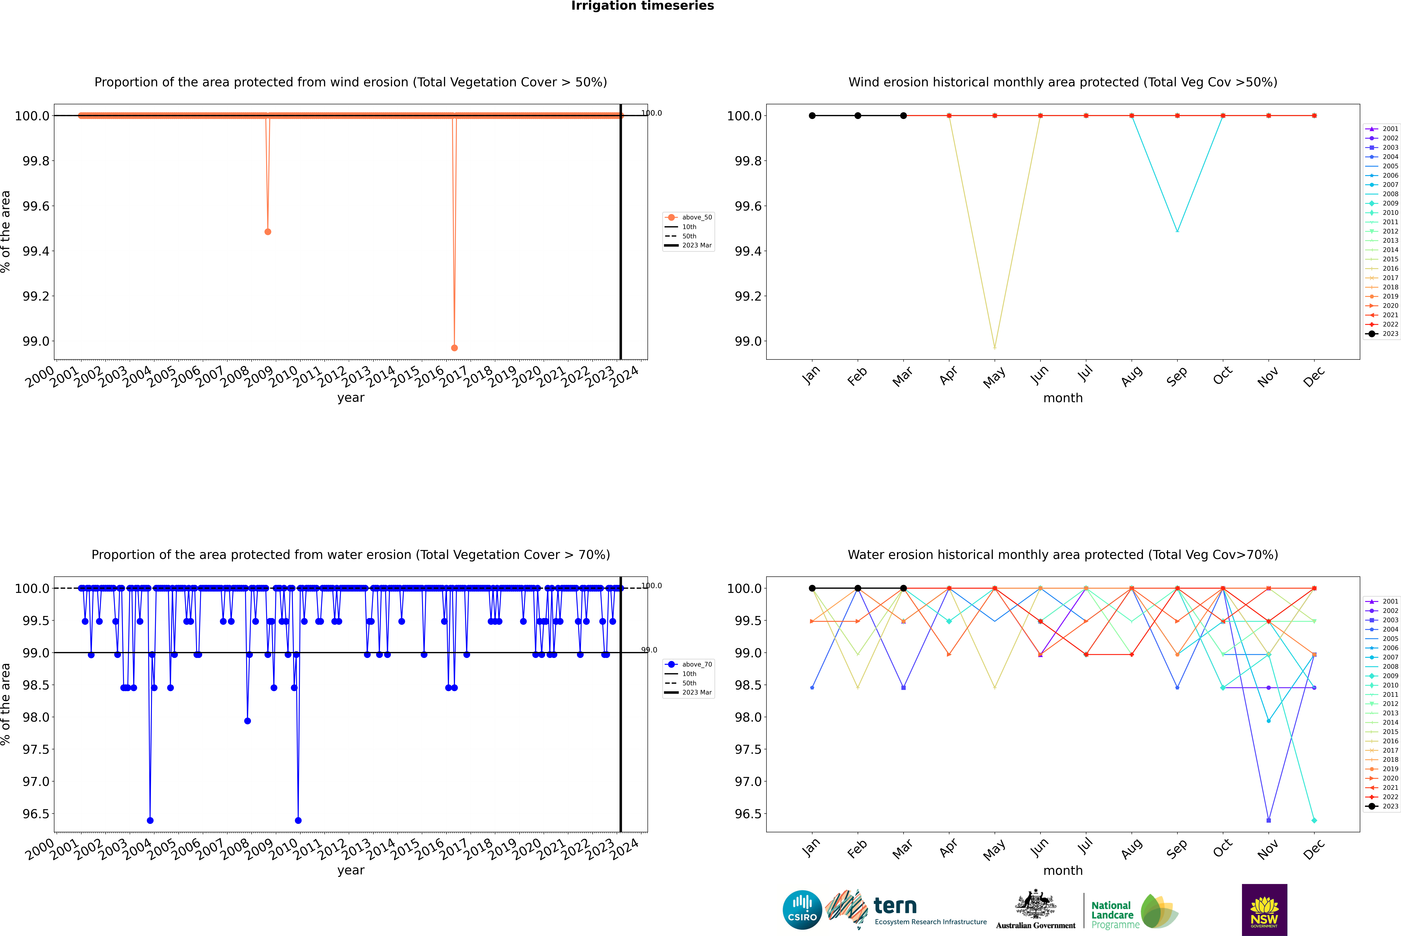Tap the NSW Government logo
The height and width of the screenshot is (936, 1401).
coord(1264,910)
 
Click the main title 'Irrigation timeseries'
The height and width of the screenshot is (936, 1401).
coord(643,6)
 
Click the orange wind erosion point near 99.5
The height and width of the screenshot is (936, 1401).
coord(268,232)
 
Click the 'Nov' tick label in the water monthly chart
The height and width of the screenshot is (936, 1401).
coord(1267,849)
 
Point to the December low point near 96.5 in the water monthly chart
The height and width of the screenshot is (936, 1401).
coord(1314,820)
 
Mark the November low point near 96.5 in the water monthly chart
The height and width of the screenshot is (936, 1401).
coord(1268,820)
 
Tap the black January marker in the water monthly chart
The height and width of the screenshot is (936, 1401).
coord(812,588)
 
